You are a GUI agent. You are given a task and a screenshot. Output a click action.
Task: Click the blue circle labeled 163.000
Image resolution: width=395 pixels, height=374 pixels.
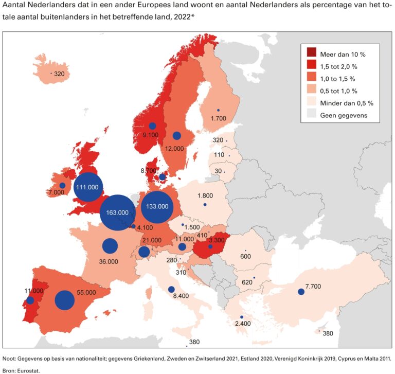(117, 212)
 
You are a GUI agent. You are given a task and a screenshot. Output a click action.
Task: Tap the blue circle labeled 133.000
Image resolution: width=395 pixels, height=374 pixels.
(157, 206)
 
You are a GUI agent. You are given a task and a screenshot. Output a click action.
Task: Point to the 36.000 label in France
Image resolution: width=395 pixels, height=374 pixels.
(109, 261)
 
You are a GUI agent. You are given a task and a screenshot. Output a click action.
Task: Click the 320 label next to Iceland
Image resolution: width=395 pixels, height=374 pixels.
(59, 74)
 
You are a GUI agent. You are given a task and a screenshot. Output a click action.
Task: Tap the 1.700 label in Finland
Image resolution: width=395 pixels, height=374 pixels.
(218, 118)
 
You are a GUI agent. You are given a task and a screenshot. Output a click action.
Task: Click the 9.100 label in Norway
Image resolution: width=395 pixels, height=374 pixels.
(151, 135)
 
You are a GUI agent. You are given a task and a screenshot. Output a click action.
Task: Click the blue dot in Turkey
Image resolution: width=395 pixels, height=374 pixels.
(301, 292)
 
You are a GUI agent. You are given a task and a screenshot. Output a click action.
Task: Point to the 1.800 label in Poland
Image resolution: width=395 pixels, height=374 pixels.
(205, 195)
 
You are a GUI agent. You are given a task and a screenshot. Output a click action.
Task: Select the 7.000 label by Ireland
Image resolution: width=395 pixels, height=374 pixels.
(55, 192)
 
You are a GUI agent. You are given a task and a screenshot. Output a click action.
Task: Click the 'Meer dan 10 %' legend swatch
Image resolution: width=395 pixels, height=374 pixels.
(312, 54)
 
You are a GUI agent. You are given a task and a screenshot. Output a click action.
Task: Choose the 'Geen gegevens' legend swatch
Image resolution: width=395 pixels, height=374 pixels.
(312, 115)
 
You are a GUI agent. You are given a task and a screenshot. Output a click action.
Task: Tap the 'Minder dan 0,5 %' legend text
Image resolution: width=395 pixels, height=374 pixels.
(347, 103)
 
